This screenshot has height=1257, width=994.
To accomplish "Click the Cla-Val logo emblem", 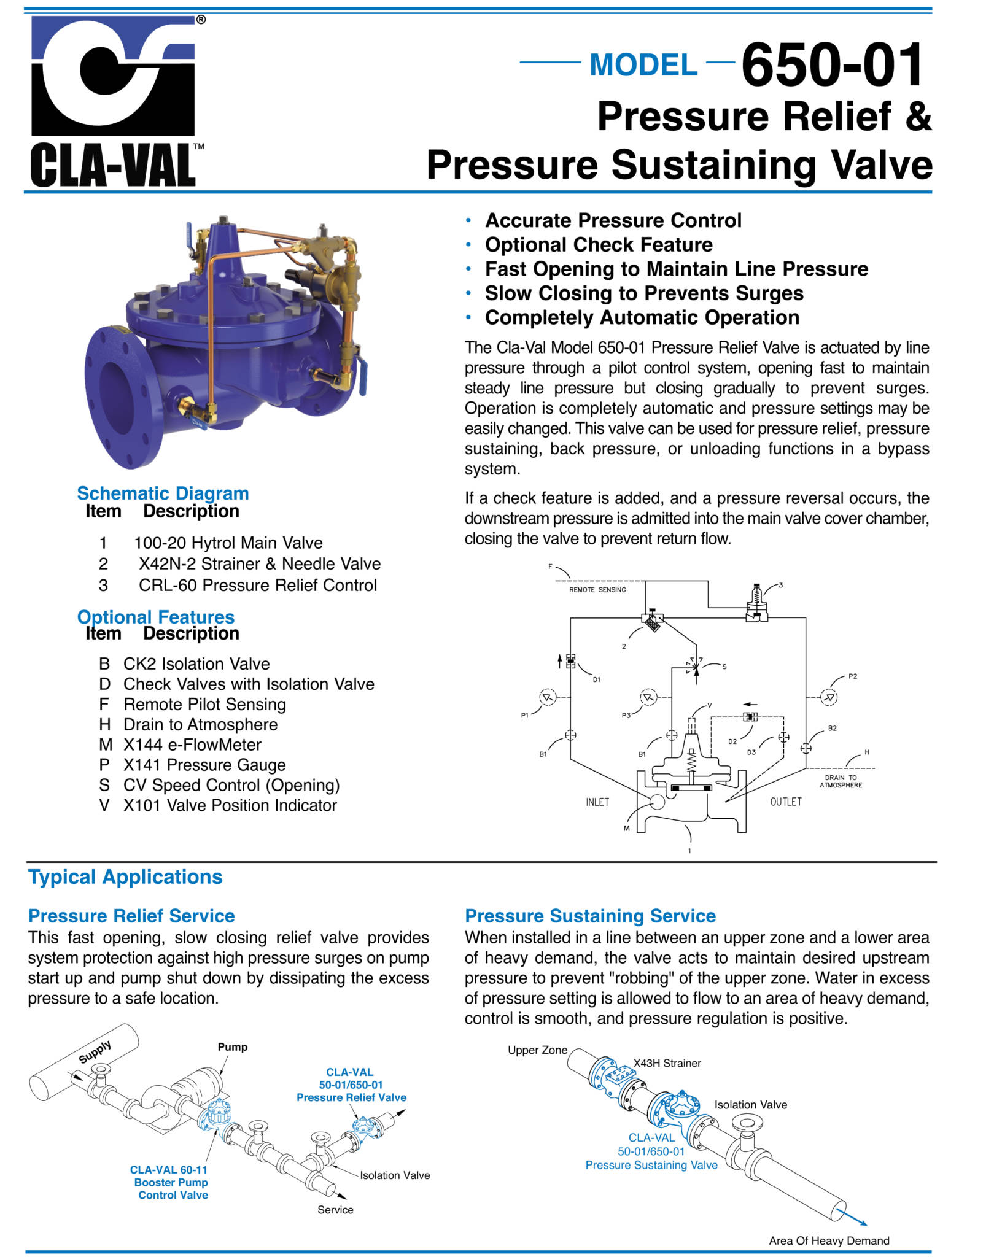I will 113,76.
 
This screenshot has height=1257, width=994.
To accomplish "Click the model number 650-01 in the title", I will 832,64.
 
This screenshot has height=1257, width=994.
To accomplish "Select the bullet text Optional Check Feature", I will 599,245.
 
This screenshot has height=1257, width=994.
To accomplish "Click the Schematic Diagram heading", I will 163,493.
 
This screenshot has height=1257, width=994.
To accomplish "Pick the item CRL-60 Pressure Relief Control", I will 257,585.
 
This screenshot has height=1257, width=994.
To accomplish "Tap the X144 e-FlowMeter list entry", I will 192,745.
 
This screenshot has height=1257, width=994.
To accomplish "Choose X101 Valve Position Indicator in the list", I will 230,805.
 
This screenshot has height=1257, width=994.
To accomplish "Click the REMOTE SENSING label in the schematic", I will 597,590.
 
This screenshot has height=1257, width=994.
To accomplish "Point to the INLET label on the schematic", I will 597,802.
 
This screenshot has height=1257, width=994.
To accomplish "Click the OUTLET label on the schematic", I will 785,802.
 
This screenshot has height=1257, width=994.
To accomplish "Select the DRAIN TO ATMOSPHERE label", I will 841,781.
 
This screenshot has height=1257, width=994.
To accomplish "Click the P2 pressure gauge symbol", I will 829,697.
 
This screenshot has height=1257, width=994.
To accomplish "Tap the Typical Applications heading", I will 125,877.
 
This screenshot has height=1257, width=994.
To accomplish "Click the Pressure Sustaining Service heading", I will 590,916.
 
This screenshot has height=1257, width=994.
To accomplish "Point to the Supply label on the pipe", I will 95,1052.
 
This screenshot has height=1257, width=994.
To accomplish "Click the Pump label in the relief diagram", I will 232,1047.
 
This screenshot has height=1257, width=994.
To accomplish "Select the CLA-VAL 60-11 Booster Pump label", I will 169,1182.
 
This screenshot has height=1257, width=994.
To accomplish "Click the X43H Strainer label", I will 667,1063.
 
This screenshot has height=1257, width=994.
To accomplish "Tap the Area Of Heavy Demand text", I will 828,1240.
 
